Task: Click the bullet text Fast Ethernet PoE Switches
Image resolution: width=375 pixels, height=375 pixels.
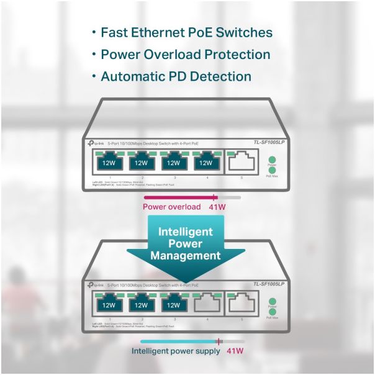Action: (186, 32)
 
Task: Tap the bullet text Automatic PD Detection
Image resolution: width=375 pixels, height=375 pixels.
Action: (176, 77)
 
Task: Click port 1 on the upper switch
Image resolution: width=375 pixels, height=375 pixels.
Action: (109, 163)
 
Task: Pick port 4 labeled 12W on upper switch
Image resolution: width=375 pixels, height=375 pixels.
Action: (206, 163)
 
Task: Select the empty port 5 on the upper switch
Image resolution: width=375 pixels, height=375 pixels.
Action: (242, 163)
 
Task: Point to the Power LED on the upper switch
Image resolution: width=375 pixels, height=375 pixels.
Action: (271, 160)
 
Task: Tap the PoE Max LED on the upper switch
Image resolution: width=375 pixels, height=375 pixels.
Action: (271, 170)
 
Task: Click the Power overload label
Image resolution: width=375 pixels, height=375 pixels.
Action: (172, 207)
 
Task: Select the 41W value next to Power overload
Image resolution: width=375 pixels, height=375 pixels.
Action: (217, 207)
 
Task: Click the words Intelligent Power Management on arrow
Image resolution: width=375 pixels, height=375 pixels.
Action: (185, 243)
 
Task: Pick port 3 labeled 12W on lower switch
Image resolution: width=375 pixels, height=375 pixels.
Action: (174, 304)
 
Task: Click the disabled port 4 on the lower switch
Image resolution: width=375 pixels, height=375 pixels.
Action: (207, 304)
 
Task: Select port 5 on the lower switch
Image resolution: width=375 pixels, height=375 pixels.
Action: (242, 304)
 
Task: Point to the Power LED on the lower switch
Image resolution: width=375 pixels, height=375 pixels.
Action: (271, 301)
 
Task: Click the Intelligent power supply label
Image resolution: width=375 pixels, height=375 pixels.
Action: (176, 351)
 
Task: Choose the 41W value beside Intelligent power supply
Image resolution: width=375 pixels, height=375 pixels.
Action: (234, 351)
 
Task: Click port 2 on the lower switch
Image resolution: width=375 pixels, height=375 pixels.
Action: (142, 304)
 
